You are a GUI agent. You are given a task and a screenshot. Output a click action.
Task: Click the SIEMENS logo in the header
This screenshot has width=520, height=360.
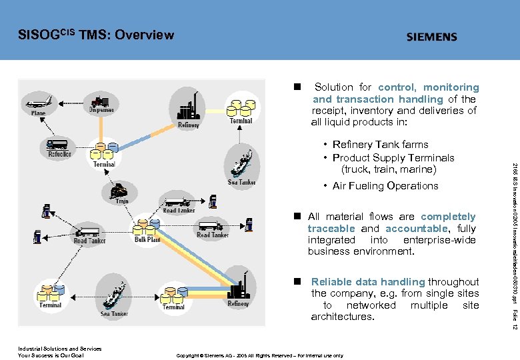pos(431,37)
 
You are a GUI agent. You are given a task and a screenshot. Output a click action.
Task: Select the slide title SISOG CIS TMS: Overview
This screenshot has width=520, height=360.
pos(96,35)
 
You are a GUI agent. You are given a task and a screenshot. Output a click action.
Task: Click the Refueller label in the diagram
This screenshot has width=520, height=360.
pos(60,154)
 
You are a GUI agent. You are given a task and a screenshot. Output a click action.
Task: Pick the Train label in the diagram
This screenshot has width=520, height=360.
pos(121,200)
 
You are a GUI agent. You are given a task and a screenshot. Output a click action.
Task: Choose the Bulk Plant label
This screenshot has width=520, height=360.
pos(147,239)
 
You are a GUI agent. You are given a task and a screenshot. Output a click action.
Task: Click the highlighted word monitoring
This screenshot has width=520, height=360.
pos(451,87)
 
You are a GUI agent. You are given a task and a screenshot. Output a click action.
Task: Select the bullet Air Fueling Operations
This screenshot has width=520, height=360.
pos(385,186)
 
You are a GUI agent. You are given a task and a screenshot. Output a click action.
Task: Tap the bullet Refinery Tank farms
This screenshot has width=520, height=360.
pos(380,145)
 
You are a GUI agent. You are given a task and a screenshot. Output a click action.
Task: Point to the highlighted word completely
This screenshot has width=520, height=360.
pos(448,217)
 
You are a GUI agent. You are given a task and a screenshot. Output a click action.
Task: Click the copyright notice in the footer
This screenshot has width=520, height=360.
pos(259,355)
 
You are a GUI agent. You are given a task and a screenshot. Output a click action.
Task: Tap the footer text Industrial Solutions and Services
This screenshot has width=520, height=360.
pos(59,349)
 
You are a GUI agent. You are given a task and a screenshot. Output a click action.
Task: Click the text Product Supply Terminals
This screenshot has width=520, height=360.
pos(393,158)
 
